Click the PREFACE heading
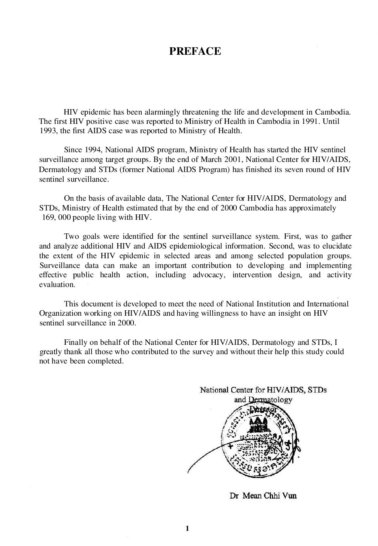click(195, 51)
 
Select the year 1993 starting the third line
click(49, 131)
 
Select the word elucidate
click(336, 246)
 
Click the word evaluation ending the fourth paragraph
click(57, 285)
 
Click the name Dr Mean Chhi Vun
click(264, 496)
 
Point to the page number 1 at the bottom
click(187, 528)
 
